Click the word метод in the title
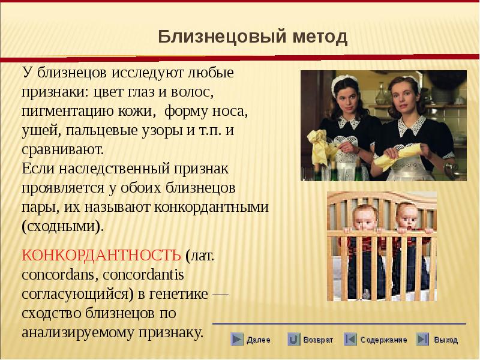[320, 37]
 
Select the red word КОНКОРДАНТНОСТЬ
[101, 254]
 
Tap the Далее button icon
[236, 339]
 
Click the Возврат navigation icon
[293, 339]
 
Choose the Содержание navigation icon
[350, 339]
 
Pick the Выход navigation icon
[422, 339]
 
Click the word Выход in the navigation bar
[446, 340]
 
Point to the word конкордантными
[211, 207]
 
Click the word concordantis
[143, 275]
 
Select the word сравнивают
[63, 150]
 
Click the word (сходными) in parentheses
[63, 227]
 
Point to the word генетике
[178, 294]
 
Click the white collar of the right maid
[411, 125]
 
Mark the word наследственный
[113, 169]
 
